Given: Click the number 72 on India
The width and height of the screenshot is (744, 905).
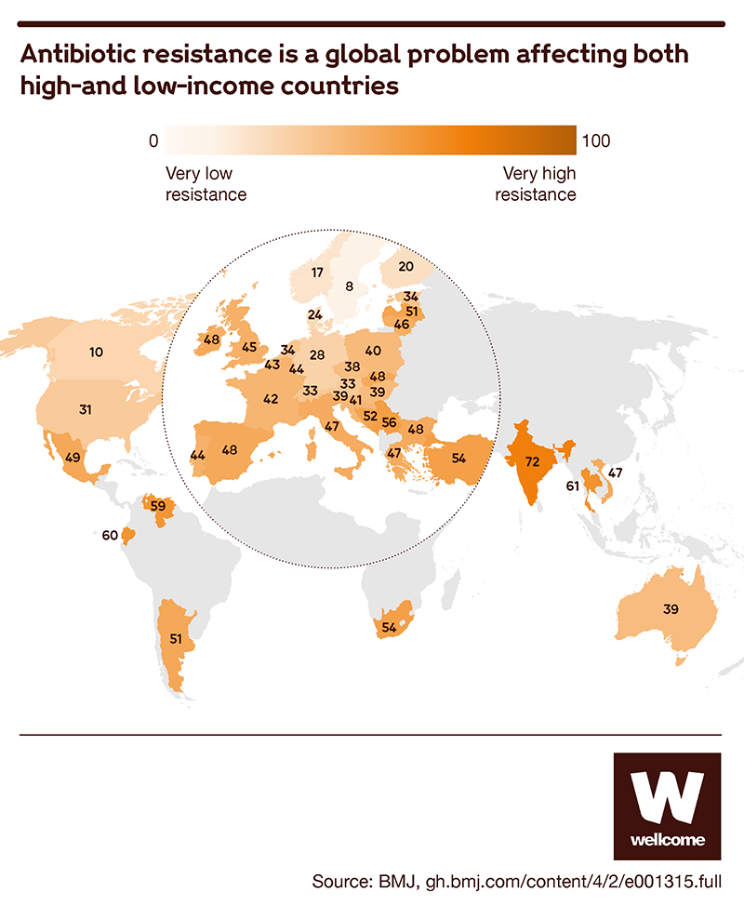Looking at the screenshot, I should [533, 461].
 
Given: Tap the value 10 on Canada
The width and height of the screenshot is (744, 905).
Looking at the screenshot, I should [96, 352].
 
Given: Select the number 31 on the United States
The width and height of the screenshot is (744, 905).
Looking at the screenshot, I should [85, 410].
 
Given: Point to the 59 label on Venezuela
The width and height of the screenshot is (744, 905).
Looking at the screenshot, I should [158, 507].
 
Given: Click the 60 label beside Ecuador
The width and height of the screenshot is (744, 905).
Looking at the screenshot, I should [110, 535].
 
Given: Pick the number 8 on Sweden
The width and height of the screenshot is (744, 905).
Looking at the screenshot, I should [349, 286].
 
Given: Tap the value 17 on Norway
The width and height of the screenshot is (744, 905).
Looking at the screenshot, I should [317, 273].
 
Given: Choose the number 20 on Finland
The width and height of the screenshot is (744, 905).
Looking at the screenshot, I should [405, 266].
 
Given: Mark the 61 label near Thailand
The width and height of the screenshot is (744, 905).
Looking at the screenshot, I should [572, 486].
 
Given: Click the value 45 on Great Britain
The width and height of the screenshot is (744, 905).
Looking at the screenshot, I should [249, 348].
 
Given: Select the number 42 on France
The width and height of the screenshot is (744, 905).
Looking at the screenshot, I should [272, 399].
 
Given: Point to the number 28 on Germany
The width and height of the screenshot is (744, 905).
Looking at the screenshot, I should [317, 354].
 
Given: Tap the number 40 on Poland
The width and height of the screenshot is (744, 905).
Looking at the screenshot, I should [373, 351].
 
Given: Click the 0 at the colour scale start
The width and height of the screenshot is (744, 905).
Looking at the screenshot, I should [153, 141].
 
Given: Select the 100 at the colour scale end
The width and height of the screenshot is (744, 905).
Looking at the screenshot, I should [595, 141].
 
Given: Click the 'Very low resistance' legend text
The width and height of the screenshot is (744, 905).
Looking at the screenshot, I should [206, 184].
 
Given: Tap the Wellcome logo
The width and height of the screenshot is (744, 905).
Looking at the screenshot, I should [667, 805].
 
